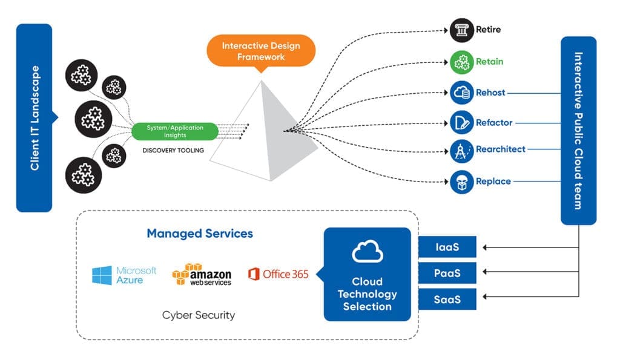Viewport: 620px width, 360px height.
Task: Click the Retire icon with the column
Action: point(461,30)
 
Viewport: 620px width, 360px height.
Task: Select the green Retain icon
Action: point(461,62)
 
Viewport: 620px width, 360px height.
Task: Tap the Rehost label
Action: point(490,93)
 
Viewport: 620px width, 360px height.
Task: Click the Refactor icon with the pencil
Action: point(461,123)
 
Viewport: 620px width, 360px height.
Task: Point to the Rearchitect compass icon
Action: point(461,149)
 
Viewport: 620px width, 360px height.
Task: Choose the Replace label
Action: point(493,182)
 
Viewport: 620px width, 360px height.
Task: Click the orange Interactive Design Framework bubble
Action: point(262,51)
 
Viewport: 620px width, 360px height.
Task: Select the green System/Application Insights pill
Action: point(175,131)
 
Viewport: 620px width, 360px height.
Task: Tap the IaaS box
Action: point(447,247)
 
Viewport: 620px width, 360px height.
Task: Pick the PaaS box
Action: point(447,273)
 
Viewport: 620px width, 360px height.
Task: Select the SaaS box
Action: point(447,299)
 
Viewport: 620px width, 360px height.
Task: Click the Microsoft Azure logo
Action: point(124,275)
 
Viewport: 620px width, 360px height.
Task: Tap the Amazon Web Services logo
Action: point(202,275)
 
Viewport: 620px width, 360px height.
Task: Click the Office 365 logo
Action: point(278,275)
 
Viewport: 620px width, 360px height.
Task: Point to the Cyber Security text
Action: point(198,315)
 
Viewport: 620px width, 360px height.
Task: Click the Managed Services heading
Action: point(199,234)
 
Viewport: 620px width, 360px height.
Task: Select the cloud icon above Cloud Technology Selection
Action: point(368,252)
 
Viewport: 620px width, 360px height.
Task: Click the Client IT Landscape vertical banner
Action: point(34,118)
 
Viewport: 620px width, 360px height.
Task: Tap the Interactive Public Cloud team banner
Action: point(578,130)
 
